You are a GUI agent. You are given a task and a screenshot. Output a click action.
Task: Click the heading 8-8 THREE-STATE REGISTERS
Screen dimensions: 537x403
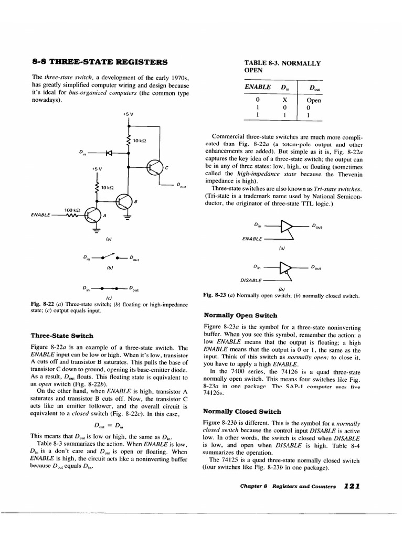coord(99,62)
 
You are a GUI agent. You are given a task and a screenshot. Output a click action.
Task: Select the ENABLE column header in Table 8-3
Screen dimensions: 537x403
coord(258,87)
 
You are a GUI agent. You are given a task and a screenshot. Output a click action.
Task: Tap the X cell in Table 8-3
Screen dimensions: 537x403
coord(284,100)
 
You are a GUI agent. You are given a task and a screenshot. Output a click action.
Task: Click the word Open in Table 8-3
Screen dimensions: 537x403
coord(314,100)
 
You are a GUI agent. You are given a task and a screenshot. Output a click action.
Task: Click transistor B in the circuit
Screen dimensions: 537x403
coord(124,200)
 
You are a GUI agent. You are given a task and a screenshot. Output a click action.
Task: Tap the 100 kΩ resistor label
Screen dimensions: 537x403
coord(72,210)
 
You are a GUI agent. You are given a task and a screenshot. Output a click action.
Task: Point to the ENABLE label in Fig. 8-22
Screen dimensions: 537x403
coord(41,214)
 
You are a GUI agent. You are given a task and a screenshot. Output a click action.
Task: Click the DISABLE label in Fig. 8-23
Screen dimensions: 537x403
coord(252,280)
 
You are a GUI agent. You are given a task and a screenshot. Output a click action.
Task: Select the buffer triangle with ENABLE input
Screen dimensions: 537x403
coord(287,227)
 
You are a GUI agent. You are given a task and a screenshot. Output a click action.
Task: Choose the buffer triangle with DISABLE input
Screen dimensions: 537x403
coord(287,267)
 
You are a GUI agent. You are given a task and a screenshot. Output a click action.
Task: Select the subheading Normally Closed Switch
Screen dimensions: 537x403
coord(242,411)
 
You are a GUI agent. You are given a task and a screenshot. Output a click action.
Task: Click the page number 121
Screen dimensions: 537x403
coord(351,486)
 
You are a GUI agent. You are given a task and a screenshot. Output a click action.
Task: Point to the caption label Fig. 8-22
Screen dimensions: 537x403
coord(40,304)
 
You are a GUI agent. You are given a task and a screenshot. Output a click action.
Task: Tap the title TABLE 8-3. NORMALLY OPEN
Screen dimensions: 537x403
coord(282,66)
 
